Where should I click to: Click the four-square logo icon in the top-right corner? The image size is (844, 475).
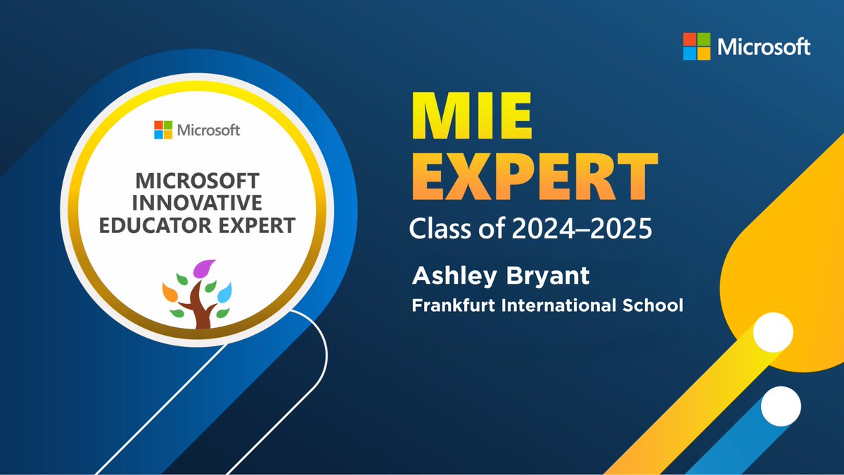697,46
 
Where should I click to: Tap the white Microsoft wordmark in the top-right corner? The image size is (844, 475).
764,46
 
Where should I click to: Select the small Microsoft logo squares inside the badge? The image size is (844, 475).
163,130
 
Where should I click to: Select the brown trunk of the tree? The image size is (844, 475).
199,310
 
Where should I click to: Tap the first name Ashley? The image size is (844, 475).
445,277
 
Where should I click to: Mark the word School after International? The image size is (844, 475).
658,306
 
